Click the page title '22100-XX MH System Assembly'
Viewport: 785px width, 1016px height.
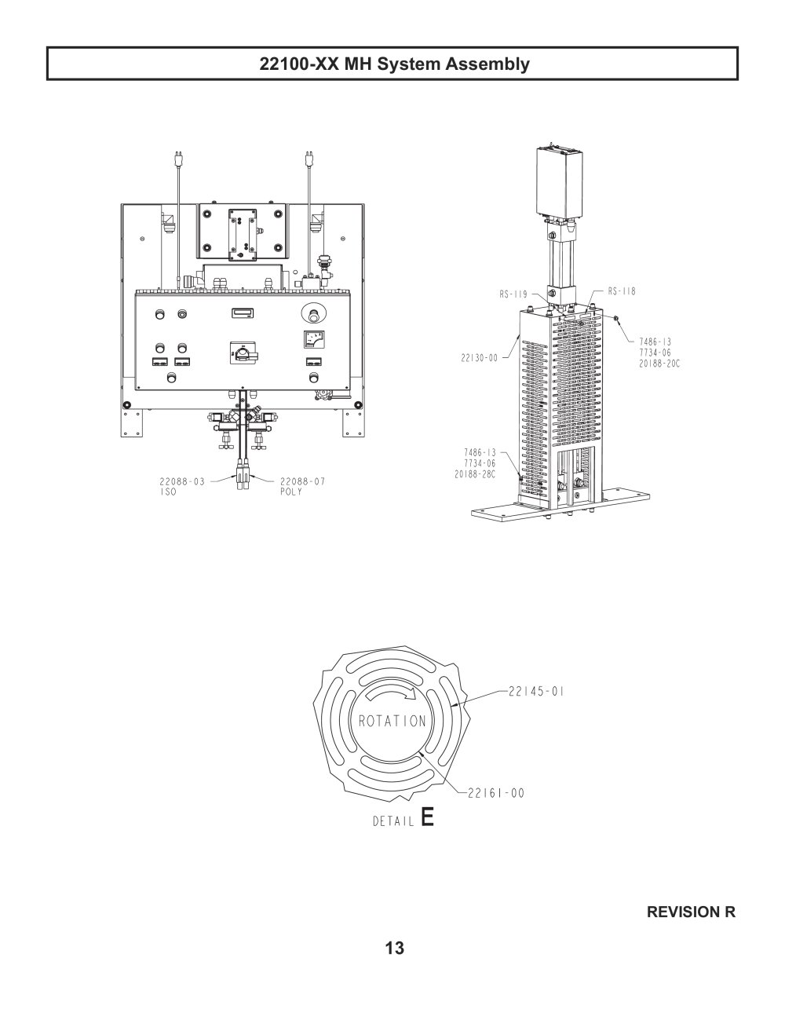394,64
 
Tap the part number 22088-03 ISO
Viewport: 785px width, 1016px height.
182,486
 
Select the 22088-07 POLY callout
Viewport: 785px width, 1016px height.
302,486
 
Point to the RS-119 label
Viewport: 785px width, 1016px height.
513,294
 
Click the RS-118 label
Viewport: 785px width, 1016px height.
622,291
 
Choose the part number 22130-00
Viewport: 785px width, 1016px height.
480,358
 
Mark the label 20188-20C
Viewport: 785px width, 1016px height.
659,364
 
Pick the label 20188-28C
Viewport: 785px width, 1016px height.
475,474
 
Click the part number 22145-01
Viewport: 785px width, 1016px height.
536,691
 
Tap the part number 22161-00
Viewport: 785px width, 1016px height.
496,793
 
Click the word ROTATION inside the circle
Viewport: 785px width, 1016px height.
392,721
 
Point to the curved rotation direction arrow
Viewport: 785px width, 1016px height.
392,693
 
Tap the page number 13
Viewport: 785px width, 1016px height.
394,948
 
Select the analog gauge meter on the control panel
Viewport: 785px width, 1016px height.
315,339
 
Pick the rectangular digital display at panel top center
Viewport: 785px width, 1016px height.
243,312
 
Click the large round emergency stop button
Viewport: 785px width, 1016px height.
314,313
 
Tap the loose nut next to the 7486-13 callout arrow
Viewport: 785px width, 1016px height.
616,319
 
